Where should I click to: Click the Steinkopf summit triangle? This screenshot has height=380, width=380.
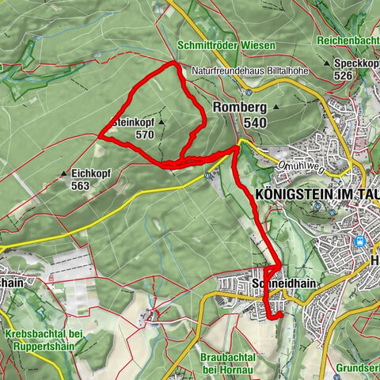point(161,123)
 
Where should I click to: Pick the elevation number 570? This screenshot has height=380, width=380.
point(144,135)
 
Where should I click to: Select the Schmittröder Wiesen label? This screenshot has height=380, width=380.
point(226,44)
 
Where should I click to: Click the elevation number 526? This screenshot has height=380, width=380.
point(343,75)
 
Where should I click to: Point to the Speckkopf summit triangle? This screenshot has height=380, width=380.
point(327,62)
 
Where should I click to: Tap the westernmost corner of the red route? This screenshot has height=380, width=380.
point(100,137)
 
